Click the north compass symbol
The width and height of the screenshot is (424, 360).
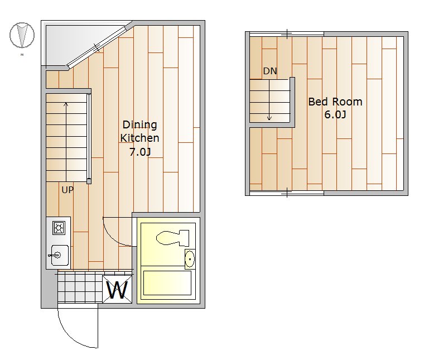22,35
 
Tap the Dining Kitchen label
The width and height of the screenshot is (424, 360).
139,131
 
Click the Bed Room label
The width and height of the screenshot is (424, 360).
335,102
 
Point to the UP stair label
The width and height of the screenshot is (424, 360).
68,190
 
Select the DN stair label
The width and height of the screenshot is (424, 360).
270,71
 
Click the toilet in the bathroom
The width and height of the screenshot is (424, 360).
172,238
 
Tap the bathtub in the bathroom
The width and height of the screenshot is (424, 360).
167,283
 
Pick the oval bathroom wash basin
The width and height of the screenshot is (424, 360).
190,259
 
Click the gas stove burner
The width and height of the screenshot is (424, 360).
59,228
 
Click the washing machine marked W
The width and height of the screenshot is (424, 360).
117,289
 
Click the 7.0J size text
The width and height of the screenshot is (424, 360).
140,152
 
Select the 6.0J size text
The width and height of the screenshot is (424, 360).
335,114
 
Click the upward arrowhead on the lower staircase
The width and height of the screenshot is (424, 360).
66,104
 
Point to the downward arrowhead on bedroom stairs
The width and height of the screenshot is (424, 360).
269,118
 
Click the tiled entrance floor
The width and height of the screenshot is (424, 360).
80,287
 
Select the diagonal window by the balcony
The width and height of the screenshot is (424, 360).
98,46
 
